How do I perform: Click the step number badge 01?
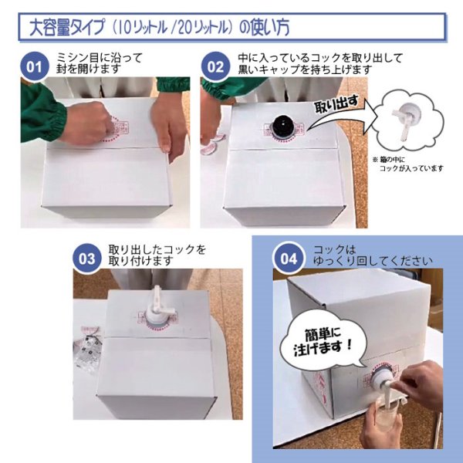[x=34, y=66]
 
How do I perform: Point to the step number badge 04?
[x=288, y=259]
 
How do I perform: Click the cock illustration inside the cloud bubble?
[x=402, y=123]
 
